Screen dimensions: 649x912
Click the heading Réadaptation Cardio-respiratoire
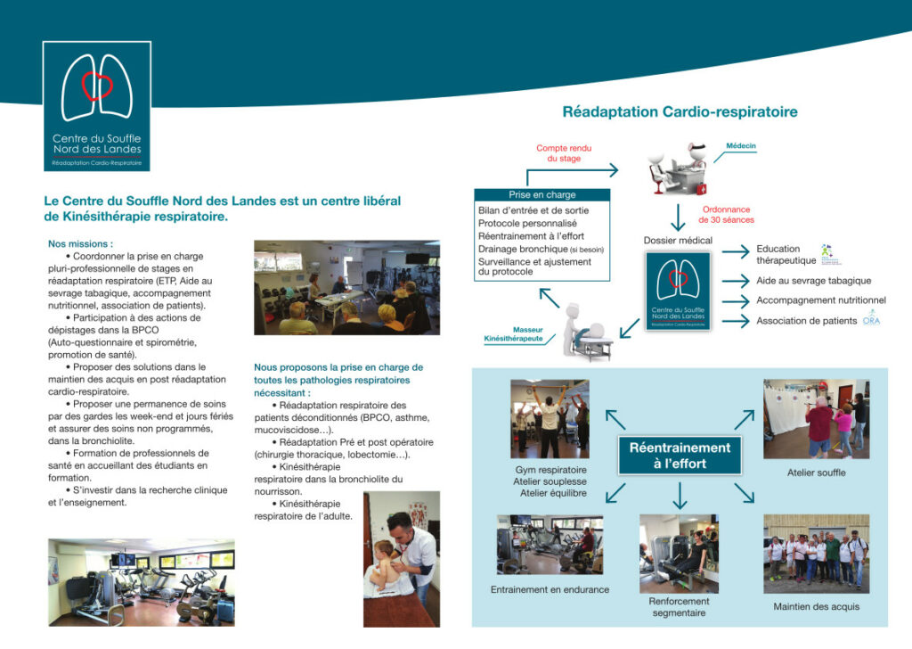point(680,112)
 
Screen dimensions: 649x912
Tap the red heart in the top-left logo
point(97,86)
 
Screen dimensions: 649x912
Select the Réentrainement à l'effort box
point(680,455)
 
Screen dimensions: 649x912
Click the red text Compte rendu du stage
point(564,153)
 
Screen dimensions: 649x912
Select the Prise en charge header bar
point(541,194)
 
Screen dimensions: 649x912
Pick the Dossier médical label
point(678,241)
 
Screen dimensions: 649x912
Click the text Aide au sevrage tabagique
point(813,281)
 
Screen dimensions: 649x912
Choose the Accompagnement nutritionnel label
point(821,300)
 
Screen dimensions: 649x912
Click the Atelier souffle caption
point(816,472)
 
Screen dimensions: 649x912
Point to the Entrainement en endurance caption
point(550,589)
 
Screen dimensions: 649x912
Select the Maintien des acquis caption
point(816,607)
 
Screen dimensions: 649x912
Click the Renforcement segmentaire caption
point(679,606)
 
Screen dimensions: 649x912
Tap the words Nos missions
point(80,243)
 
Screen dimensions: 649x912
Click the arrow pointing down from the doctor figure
point(679,218)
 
